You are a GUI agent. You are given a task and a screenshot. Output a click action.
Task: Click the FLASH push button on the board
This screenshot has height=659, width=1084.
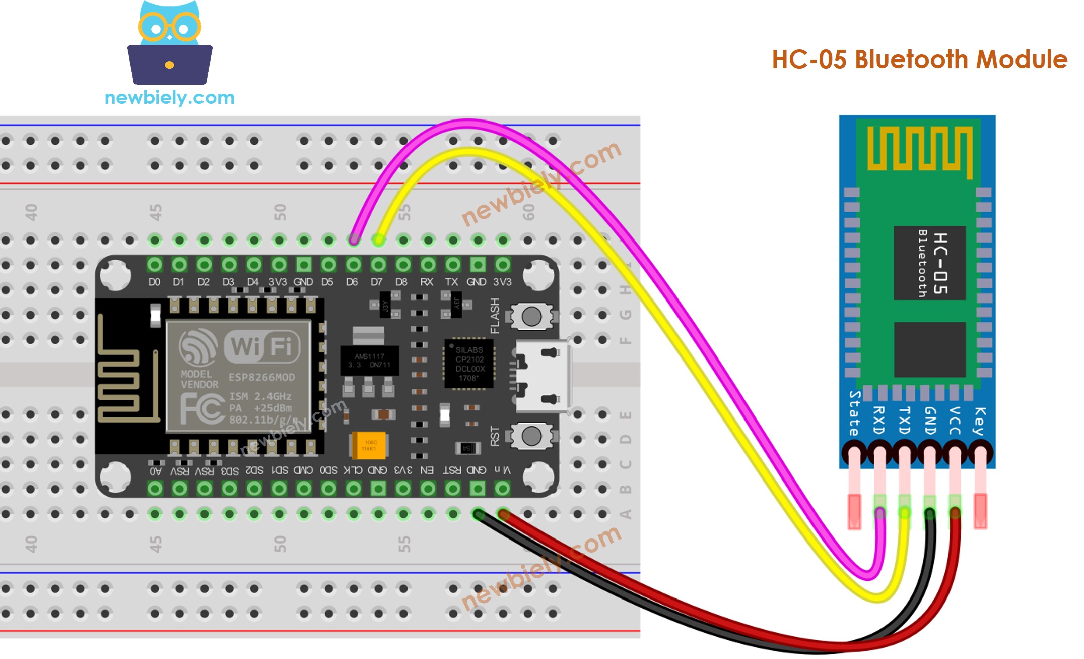[x=531, y=317]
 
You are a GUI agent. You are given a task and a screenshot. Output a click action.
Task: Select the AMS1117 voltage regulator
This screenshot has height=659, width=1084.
[x=369, y=360]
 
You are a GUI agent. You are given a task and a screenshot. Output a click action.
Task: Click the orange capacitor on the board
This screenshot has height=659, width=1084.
[x=368, y=445]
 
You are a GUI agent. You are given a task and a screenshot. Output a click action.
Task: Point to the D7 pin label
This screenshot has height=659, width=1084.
[x=376, y=282]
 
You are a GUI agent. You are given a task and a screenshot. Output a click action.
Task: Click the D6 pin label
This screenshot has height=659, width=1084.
[x=352, y=282]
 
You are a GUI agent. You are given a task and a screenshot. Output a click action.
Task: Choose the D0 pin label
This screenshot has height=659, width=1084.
[x=154, y=282]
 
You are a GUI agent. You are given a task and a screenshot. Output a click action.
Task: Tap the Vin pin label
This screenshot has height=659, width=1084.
[x=502, y=470]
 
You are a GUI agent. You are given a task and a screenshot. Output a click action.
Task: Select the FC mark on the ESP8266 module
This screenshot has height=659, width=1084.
[x=202, y=408]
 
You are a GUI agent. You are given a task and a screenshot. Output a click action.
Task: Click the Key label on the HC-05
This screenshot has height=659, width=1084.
[x=979, y=421]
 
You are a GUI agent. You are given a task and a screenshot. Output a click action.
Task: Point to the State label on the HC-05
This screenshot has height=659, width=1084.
[x=854, y=413]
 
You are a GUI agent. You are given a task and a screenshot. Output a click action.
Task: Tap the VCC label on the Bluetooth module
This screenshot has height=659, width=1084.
[x=954, y=421]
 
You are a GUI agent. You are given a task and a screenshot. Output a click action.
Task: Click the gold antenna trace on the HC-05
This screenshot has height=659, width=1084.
[x=919, y=148]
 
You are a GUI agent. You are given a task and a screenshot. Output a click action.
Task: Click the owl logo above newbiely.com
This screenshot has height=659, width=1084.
[x=170, y=43]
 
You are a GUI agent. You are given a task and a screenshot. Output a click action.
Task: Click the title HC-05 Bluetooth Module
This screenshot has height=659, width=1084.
[x=919, y=59]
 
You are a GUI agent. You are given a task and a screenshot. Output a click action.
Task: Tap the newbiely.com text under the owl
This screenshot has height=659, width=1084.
[x=170, y=97]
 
